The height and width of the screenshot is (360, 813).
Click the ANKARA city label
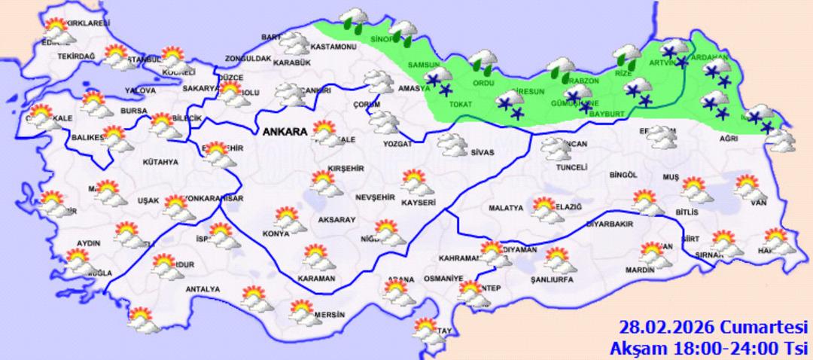285,132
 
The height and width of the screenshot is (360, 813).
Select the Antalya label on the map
203,289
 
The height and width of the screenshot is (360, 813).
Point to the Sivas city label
482,152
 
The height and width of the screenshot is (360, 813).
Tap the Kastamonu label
334,47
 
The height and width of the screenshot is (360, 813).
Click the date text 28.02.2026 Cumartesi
713,328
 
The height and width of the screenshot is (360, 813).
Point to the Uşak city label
148,200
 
